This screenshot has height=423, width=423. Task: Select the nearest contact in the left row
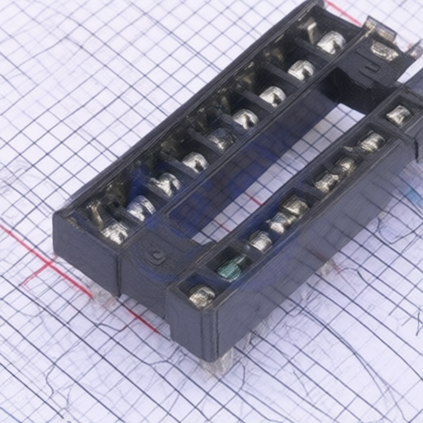115,232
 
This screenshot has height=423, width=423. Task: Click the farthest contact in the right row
399,115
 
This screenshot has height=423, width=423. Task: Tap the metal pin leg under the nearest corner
222,359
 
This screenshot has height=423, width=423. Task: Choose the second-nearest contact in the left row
141,207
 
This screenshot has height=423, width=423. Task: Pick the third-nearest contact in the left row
168,183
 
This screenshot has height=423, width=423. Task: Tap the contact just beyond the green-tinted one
259,241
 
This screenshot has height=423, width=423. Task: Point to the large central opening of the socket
264,165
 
